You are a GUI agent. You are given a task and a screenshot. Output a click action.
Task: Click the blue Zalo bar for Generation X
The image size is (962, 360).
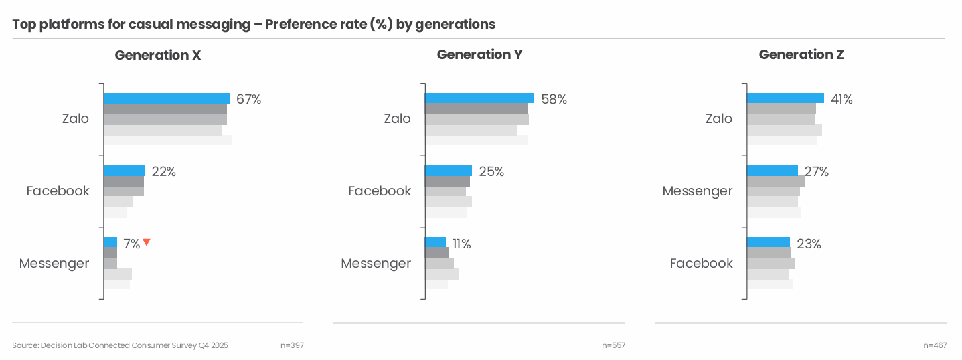(166, 98)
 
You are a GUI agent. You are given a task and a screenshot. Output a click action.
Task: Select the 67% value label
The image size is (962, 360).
(248, 100)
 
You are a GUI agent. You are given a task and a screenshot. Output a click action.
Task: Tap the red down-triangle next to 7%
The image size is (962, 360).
(147, 242)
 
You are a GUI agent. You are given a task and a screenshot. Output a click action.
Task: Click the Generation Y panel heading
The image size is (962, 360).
(479, 55)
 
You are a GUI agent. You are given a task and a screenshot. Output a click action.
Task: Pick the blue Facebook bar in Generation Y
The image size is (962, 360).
(448, 171)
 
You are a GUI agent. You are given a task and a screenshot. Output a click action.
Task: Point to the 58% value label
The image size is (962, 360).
(554, 100)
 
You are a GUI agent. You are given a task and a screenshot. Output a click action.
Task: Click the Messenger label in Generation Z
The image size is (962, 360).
(697, 191)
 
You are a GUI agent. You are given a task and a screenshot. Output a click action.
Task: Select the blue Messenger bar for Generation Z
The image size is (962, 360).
(771, 171)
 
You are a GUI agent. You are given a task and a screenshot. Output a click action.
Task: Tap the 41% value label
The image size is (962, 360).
(841, 100)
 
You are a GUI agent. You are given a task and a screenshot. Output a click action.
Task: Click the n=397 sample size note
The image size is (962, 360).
(292, 345)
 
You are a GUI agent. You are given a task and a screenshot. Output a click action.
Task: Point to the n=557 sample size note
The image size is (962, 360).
(613, 345)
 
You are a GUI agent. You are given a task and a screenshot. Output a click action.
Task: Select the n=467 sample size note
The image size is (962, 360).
(935, 345)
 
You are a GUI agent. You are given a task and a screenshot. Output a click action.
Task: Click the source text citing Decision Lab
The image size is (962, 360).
(120, 345)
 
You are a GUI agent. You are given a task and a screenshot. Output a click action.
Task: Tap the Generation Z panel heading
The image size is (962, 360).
(801, 55)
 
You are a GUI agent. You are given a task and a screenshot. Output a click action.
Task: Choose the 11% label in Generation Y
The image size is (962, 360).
(461, 244)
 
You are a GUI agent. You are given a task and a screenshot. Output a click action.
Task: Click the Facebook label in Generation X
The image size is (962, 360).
(58, 191)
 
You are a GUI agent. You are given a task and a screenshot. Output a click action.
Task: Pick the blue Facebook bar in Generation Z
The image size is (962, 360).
(768, 242)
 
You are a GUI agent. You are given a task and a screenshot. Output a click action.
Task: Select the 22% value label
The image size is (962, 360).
(163, 172)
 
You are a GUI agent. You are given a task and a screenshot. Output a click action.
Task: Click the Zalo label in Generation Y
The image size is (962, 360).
(397, 119)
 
